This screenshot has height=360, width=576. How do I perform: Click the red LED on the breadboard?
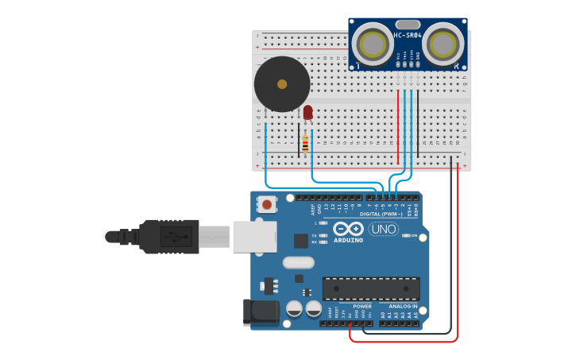(x=307, y=113)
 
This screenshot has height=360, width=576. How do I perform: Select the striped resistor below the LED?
(x=305, y=145)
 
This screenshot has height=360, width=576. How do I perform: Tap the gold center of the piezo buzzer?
(x=281, y=83)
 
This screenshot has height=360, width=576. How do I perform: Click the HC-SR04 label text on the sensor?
(x=408, y=36)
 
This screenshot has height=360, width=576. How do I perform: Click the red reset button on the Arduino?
(x=267, y=204)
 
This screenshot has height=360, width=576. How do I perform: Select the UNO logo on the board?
(x=383, y=230)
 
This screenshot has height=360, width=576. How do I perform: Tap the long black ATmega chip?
(x=370, y=288)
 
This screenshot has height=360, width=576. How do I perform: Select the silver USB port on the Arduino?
(x=254, y=237)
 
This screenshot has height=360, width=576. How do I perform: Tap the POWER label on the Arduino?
(x=362, y=306)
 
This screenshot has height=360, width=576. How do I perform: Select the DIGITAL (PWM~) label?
(x=382, y=214)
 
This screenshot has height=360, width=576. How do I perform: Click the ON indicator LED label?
(x=414, y=235)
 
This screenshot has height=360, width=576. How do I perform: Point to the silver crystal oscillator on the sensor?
(x=407, y=25)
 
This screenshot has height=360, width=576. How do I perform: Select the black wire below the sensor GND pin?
(x=418, y=119)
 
